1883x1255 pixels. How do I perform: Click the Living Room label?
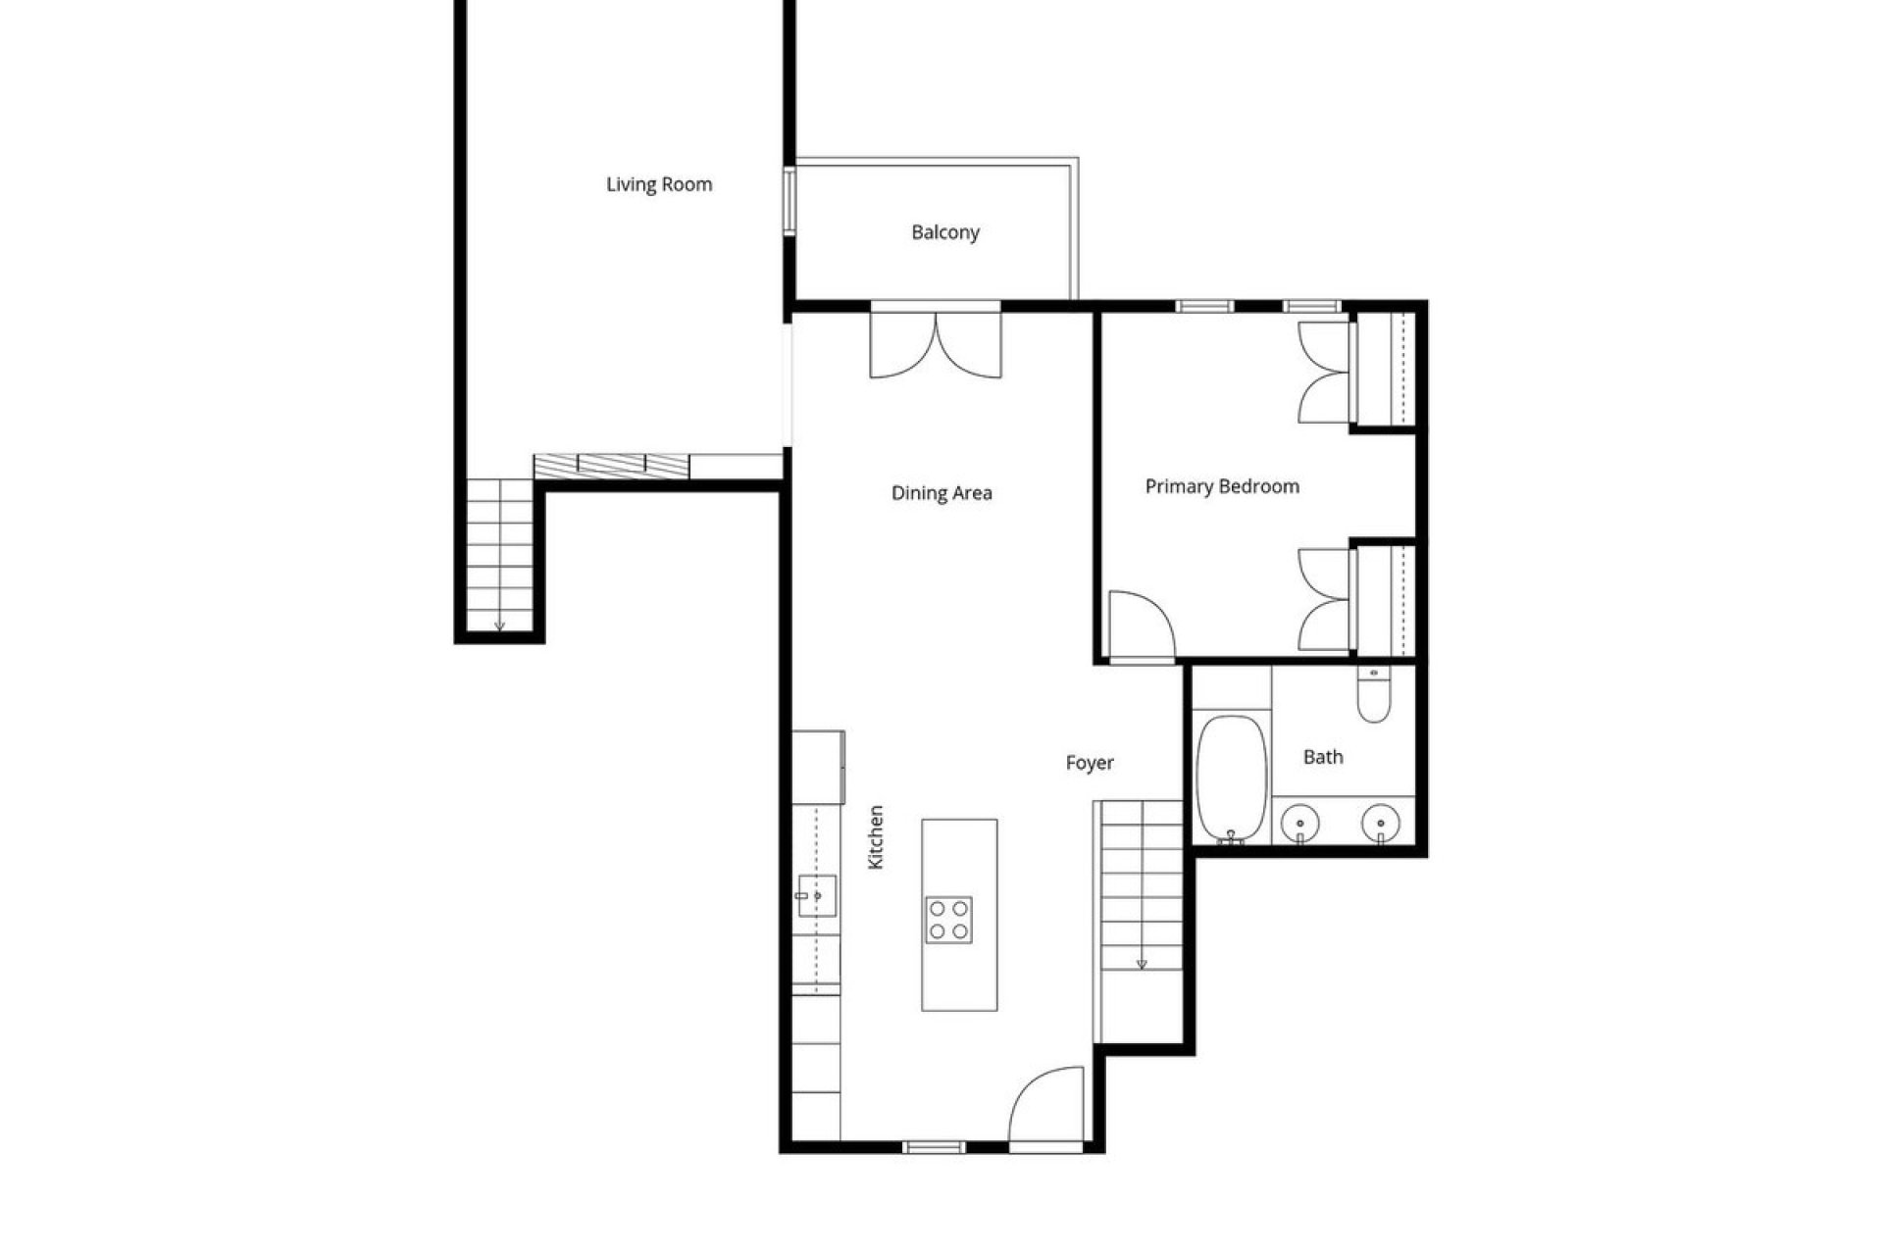click(659, 184)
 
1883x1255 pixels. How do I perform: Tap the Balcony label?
click(945, 232)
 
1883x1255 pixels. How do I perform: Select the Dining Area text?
click(941, 493)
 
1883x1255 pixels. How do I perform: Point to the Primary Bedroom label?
click(1222, 486)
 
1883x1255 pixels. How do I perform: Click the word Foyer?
click(1090, 763)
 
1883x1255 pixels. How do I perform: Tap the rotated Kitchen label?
click(877, 837)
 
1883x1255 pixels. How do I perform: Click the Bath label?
click(1323, 757)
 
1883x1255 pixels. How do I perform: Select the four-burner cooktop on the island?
click(948, 920)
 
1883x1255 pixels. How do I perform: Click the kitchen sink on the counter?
click(815, 895)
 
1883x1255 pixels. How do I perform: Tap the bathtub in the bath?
click(1231, 778)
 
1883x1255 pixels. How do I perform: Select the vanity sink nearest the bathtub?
click(1300, 822)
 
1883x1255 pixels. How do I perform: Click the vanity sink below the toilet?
click(1380, 822)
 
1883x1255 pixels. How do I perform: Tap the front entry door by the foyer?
click(1046, 1108)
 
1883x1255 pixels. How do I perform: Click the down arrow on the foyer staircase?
click(1142, 965)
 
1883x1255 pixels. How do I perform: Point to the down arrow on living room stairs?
click(499, 625)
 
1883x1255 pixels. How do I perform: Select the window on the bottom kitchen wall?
click(934, 1146)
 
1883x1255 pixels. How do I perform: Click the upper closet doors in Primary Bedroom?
click(1324, 373)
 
